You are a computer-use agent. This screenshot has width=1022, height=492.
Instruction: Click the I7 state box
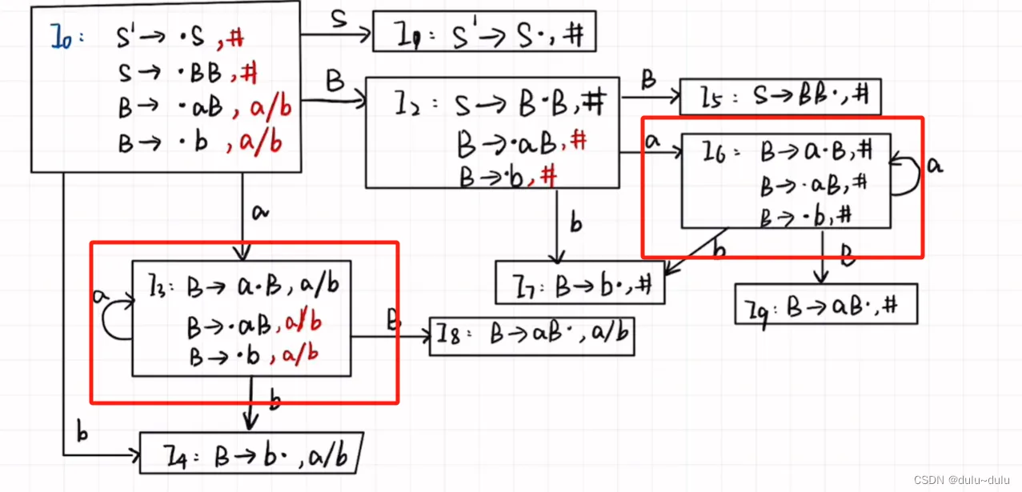point(579,283)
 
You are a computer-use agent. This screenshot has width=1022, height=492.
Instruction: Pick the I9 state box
point(825,304)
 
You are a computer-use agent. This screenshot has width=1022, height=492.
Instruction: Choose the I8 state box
point(531,336)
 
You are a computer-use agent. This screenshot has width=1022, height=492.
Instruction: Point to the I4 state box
point(250,453)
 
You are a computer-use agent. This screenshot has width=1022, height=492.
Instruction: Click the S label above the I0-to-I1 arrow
point(338,19)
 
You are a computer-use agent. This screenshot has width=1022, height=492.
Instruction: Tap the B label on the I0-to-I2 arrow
point(334,81)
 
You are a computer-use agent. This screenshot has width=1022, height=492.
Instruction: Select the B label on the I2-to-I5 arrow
point(648,80)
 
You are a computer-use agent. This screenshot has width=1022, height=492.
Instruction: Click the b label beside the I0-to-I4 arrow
point(82,433)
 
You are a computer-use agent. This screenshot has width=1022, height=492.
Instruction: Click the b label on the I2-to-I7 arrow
point(576,225)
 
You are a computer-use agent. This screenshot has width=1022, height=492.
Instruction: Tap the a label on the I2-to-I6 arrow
point(652,142)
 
